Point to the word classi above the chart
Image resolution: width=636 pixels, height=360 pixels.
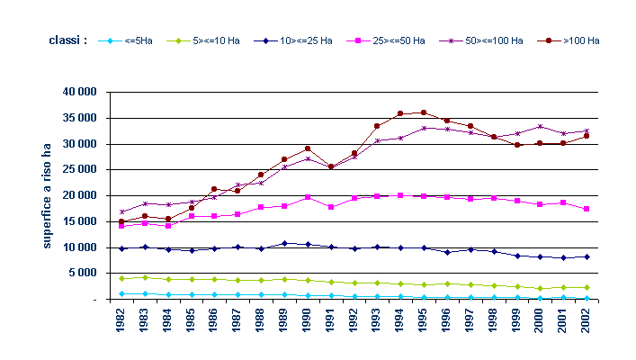click(x=68, y=41)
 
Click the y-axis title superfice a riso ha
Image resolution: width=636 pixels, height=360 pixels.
click(x=47, y=195)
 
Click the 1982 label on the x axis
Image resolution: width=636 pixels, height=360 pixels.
click(x=121, y=327)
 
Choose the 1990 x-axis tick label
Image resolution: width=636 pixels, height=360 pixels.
click(x=308, y=327)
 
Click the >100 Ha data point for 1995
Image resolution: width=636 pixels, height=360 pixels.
click(x=424, y=112)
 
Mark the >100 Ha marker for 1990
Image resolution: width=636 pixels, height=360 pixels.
click(x=308, y=148)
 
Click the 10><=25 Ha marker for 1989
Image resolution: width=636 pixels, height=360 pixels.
click(x=284, y=243)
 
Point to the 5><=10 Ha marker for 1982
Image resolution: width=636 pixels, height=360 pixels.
click(x=121, y=278)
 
